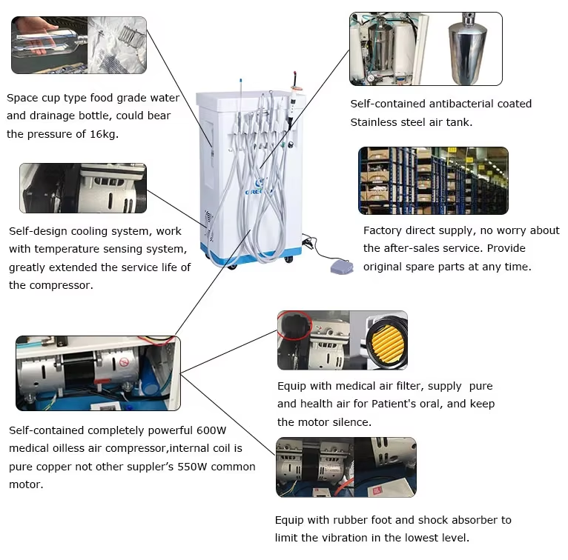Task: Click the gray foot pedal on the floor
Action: point(342,267)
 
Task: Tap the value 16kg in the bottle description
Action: point(104,134)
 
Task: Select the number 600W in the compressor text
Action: point(211,430)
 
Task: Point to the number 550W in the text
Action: point(192,467)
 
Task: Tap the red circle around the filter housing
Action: point(294,325)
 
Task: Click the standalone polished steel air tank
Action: point(468,48)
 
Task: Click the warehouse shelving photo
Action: point(433,181)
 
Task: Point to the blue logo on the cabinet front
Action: point(260,187)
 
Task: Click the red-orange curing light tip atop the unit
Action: point(296,77)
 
